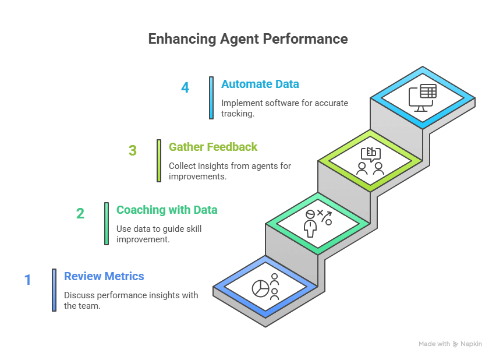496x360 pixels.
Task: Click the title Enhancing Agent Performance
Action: coord(247,39)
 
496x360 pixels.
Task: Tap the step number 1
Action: coord(27,280)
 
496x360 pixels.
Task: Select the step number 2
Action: coord(80,214)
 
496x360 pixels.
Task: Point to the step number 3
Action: coord(133,151)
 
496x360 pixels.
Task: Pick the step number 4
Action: coord(185,88)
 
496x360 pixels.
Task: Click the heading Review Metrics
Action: coord(104,276)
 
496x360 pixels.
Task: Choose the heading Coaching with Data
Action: coord(166,210)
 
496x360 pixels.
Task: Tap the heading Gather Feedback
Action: coord(213,147)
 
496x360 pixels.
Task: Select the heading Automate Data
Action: coord(260,84)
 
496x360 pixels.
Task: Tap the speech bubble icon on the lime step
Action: coord(371,154)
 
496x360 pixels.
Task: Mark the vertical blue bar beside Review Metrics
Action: coord(54,290)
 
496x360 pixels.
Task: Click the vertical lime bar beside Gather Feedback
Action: coord(159,160)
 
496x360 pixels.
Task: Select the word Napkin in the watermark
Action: coord(472,344)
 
